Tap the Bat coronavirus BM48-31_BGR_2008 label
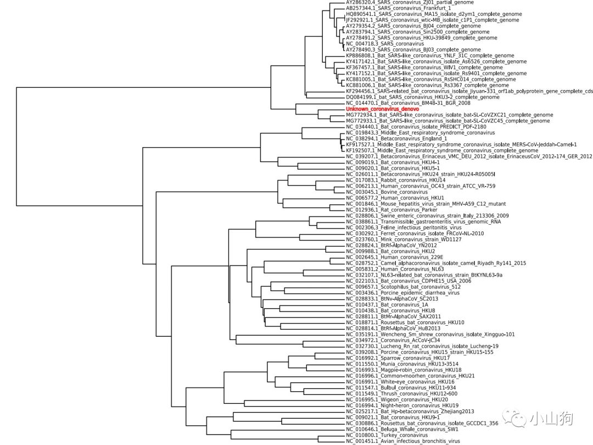coord(409,103)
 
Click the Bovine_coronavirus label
coord(387,192)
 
